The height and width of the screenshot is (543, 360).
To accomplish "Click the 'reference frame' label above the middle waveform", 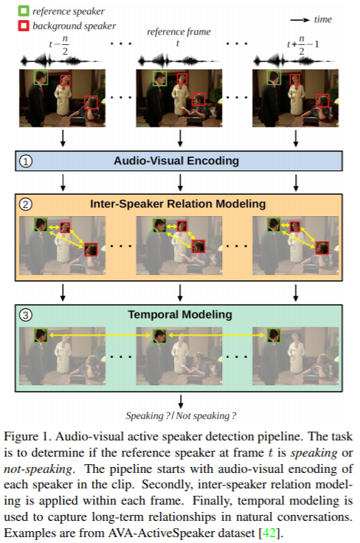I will (x=179, y=31).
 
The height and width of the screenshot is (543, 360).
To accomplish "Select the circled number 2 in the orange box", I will (x=24, y=204).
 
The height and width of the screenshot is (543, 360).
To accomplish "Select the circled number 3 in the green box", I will (x=24, y=314).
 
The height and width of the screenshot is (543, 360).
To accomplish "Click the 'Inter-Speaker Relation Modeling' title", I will (x=179, y=203).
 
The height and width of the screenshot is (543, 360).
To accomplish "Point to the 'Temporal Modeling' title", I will (x=179, y=314).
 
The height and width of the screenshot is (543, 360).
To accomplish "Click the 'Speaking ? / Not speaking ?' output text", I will (x=179, y=415).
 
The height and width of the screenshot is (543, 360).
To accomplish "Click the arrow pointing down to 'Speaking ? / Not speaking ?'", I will (x=179, y=400).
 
